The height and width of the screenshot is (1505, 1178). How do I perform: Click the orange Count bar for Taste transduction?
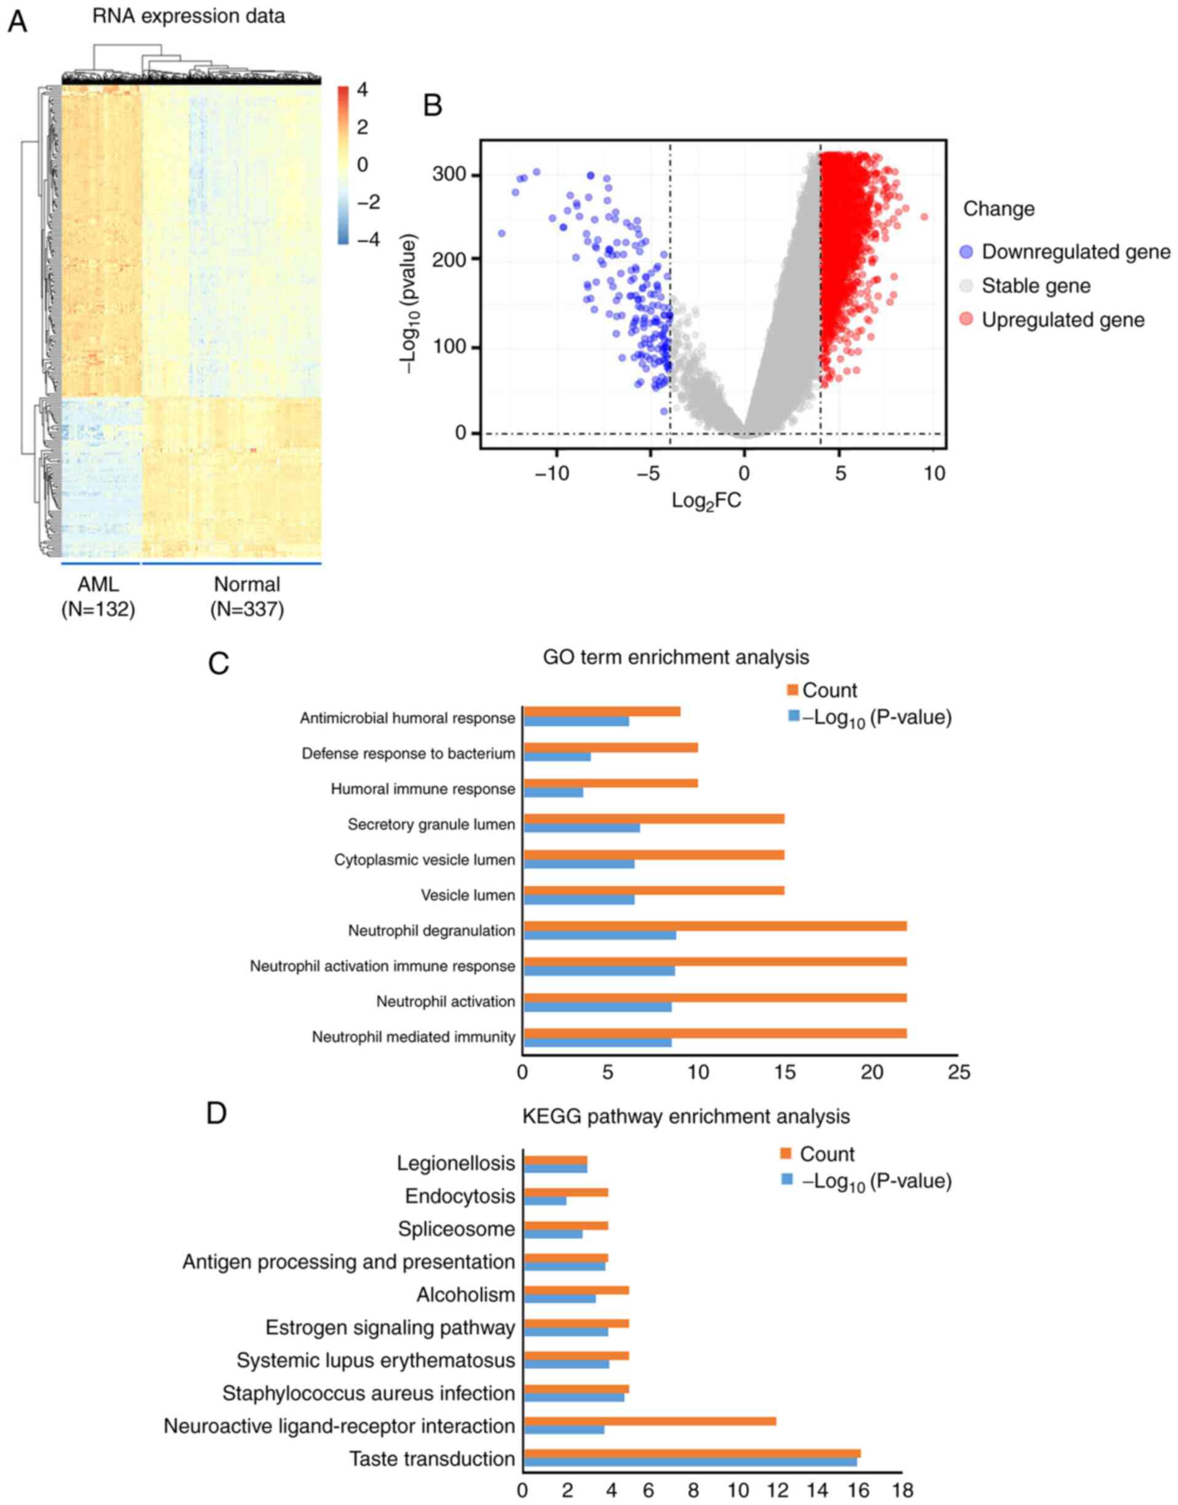[692, 1453]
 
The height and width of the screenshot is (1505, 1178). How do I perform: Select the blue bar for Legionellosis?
[555, 1168]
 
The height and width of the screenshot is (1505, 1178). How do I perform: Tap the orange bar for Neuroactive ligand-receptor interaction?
[650, 1421]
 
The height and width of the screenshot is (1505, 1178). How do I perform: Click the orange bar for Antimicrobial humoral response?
[602, 712]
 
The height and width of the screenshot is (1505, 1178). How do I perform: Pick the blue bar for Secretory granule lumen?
[581, 828]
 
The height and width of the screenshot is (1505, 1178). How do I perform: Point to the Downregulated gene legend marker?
[967, 252]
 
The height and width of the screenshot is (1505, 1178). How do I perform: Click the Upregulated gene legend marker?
[967, 320]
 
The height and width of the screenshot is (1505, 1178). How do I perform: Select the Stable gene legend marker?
[967, 286]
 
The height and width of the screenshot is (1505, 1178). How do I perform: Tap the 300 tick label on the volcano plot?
[449, 174]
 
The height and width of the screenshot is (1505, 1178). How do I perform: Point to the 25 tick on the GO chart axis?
[959, 1073]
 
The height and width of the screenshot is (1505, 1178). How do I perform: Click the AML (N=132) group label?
[98, 597]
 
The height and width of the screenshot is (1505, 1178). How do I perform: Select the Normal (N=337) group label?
[247, 597]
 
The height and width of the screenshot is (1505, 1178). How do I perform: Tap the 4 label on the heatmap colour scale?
[362, 90]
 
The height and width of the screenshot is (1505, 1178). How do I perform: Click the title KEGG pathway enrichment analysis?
[685, 1116]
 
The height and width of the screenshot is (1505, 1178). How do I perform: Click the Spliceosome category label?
[456, 1229]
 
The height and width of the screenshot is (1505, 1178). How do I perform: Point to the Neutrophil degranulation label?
[431, 930]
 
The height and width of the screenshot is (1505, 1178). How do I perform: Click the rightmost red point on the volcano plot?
[924, 217]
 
